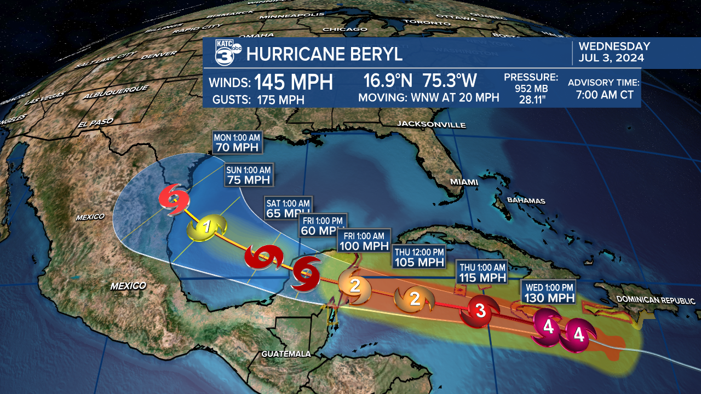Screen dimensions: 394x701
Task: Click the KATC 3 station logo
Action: (x=225, y=53)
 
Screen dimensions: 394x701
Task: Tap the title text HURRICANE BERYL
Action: (x=324, y=54)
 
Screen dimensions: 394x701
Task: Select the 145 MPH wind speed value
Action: (x=294, y=82)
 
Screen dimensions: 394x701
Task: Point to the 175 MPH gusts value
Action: (x=279, y=100)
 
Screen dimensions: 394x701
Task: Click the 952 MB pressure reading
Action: (x=531, y=88)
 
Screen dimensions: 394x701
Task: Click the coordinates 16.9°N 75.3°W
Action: (x=420, y=81)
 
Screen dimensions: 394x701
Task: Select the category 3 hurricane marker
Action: (x=480, y=311)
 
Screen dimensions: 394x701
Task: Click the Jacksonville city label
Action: (x=432, y=124)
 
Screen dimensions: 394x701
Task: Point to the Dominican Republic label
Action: (x=656, y=300)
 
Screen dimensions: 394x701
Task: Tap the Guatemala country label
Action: (x=286, y=354)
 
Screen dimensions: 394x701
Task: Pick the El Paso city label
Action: (x=90, y=124)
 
